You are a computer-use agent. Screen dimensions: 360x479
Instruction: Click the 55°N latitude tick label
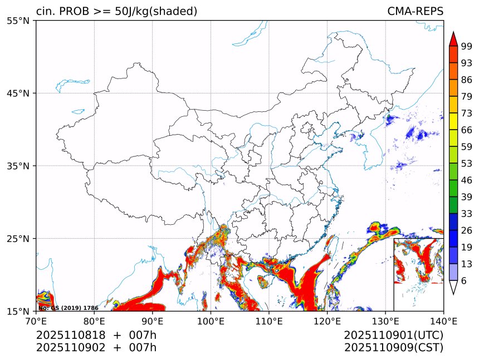21,21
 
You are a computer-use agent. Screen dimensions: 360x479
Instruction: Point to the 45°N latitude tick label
21,93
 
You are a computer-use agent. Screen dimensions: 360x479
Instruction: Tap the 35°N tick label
21,166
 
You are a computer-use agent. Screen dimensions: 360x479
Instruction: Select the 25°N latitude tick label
21,239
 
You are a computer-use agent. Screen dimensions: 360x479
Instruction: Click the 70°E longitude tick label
36,320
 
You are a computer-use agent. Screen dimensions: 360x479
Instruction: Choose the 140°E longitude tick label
443,320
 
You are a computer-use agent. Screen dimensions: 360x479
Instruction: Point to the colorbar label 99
467,47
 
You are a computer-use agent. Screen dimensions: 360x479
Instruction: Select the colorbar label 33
467,214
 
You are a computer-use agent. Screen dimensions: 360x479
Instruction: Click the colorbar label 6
464,280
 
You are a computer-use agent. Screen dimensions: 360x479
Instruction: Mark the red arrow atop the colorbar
453,38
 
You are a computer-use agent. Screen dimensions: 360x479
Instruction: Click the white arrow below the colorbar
453,287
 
